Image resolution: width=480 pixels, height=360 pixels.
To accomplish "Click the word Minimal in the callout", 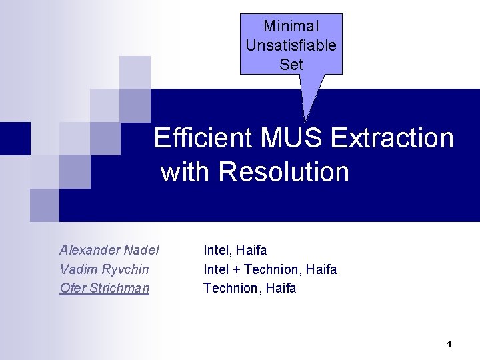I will point(291,27).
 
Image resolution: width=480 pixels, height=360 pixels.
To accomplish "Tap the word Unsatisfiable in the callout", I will point(291,45).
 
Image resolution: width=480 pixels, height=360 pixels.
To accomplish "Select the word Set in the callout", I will point(291,65).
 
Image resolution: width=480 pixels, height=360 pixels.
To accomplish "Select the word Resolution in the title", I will point(283,172).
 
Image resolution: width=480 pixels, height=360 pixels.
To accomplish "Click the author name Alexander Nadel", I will point(109,250).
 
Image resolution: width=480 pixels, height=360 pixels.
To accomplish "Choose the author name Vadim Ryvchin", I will point(104,269).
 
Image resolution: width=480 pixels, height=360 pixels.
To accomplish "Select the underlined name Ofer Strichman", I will point(104,288).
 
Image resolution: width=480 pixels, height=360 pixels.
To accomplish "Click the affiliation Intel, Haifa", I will point(235,250).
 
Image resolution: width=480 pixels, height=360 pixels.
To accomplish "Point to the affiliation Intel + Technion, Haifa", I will point(270,269).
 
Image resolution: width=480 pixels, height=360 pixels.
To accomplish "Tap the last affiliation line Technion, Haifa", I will point(249,288).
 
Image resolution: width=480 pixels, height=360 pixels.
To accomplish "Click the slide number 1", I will point(449,345).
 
